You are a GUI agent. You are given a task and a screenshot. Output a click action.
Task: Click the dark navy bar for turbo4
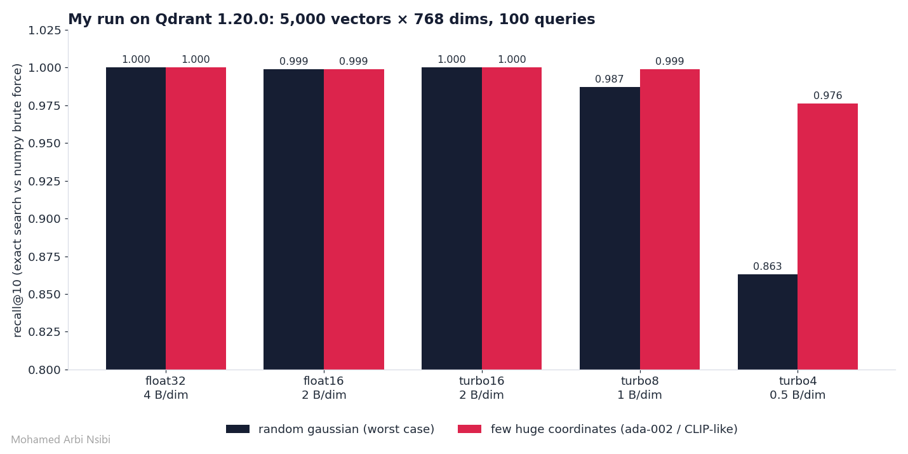767,322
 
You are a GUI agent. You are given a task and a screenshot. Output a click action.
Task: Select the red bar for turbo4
827,237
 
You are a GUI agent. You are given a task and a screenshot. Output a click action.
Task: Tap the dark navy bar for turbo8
610,228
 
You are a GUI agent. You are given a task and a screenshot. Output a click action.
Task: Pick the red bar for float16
354,219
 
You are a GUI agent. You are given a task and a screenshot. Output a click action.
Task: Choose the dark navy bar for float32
136,218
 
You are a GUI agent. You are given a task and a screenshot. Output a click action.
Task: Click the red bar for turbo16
512,218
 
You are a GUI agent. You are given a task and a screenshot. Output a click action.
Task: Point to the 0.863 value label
767,266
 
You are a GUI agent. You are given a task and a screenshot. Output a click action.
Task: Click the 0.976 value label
828,96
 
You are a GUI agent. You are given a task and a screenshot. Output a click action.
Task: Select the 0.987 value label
610,79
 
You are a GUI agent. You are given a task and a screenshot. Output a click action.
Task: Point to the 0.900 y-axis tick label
44,219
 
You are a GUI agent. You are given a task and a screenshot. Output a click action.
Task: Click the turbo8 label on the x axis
639,381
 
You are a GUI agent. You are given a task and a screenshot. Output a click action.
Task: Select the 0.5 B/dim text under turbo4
798,395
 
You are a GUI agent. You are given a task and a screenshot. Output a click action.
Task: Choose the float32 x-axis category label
165,381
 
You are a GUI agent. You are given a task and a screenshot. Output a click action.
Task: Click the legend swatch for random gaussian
237,429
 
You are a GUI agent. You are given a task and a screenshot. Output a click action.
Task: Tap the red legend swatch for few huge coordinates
469,429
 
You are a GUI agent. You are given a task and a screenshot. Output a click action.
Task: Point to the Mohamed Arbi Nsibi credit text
60,440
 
